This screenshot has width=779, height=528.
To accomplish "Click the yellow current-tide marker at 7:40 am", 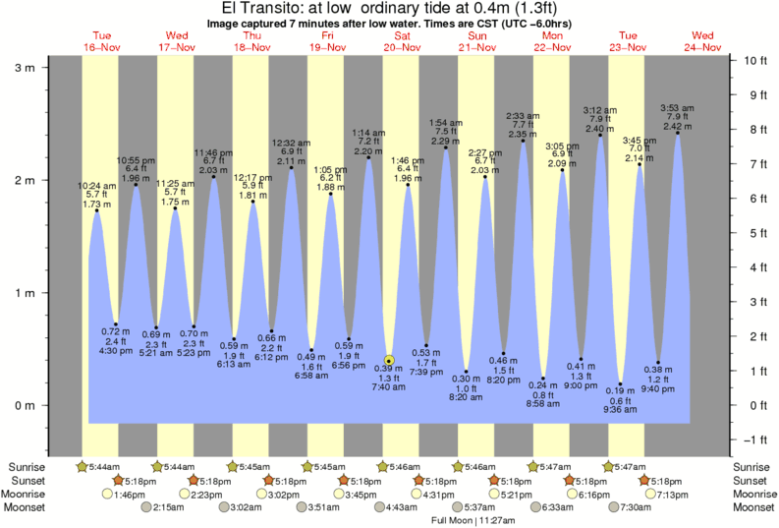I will pos(389,361).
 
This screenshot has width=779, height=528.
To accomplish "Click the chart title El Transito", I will pos(389,9).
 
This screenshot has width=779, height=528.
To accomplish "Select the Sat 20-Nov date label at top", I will pos(402,41).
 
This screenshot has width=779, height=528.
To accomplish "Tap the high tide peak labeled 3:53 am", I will pos(678,133).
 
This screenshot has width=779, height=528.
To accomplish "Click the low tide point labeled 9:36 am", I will pos(621,384).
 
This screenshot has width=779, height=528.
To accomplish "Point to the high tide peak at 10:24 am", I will pos(96,210).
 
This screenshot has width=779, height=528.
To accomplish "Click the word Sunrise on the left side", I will pos(27,467).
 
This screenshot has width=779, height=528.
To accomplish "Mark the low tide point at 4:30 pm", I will pos(116,324).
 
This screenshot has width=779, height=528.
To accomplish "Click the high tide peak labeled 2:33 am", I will pos(524,141).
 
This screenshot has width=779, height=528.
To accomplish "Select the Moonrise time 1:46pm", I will pos(124,495).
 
